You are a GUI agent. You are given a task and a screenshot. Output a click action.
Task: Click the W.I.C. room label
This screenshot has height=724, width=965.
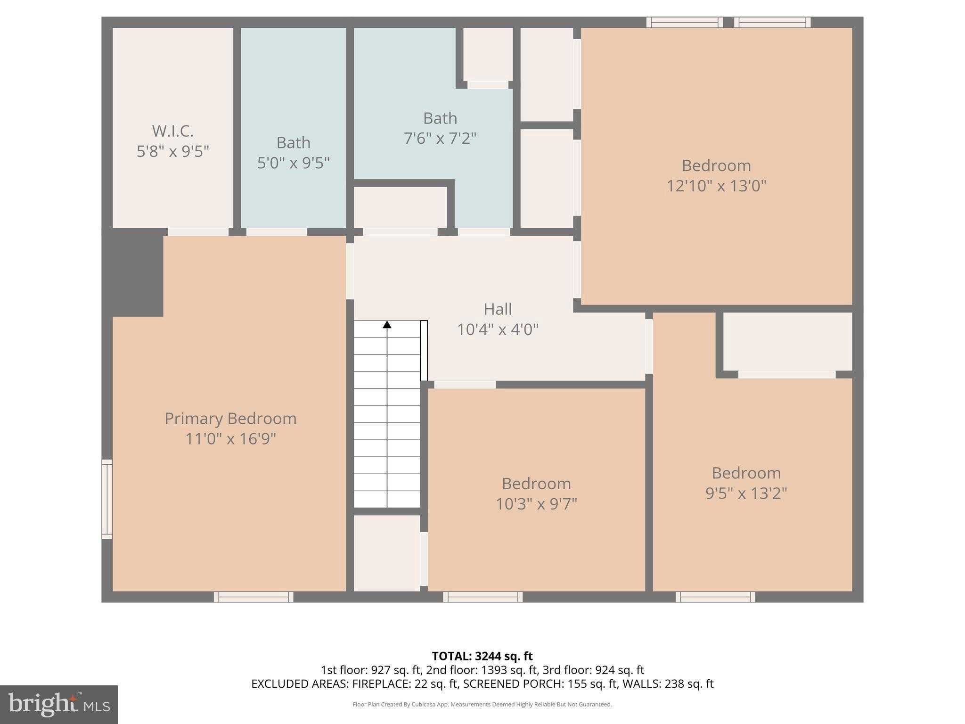[172, 131]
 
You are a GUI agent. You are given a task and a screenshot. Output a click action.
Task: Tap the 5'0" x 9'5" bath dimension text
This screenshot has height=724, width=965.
[293, 163]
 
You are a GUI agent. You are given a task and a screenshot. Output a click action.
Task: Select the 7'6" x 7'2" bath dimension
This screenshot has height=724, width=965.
[440, 138]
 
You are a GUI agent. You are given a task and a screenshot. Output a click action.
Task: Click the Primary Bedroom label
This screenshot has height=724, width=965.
[230, 419]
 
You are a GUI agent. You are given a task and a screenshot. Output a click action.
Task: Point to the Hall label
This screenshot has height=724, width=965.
[498, 309]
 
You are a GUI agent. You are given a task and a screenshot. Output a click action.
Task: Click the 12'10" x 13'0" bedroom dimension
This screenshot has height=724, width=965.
[716, 186]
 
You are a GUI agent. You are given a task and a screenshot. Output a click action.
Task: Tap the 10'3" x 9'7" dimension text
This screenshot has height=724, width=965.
[536, 504]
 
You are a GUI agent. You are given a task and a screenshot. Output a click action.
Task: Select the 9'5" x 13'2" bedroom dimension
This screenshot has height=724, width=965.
[746, 493]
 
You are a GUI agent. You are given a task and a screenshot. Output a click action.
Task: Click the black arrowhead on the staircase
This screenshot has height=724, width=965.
[387, 324]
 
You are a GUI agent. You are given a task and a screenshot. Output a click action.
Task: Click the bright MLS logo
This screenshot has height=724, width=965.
[59, 705]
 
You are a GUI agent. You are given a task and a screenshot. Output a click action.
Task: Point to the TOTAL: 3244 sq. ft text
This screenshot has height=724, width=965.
[482, 656]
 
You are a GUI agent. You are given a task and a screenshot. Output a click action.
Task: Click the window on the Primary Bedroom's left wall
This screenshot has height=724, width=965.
[107, 499]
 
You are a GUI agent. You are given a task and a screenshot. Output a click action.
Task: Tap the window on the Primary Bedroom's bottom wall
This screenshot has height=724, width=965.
[254, 597]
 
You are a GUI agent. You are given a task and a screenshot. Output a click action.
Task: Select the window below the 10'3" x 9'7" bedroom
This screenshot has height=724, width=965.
[482, 597]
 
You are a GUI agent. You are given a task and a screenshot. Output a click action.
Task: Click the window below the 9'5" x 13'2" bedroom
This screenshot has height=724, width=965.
[715, 597]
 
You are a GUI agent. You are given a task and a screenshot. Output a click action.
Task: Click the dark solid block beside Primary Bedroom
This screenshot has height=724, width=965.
[133, 275]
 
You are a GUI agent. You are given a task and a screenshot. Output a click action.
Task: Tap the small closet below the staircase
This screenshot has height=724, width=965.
[387, 553]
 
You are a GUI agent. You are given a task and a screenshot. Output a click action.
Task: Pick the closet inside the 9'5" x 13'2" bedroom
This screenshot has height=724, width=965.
[787, 341]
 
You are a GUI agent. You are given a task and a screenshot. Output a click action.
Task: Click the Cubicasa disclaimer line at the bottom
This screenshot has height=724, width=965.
[482, 705]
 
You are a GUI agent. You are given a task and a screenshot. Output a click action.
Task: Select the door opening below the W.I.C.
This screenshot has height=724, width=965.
[198, 232]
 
